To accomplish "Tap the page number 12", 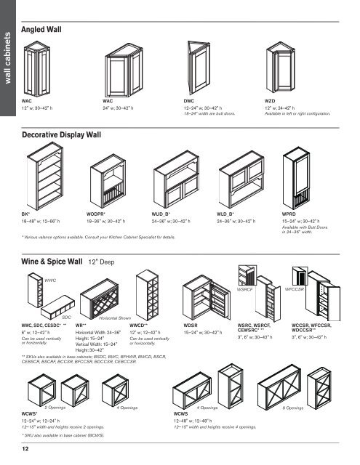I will click(25, 450).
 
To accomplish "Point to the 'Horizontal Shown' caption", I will click(114, 318).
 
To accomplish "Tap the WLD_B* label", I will click(227, 216).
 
